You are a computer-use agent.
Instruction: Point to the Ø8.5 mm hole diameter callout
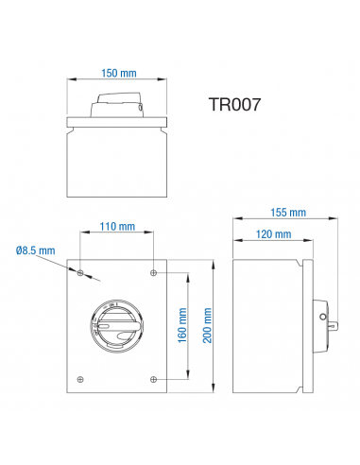[x=36, y=250]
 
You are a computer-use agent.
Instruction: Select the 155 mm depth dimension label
[x=286, y=213]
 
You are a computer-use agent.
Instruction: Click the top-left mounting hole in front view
[x=81, y=273]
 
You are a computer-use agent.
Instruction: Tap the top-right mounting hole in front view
[x=153, y=273]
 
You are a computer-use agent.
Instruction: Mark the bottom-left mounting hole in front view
[x=81, y=379]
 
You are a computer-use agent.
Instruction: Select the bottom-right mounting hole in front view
[x=153, y=379]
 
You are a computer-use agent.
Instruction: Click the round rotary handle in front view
[x=117, y=326]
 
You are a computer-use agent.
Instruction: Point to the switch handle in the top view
[x=117, y=107]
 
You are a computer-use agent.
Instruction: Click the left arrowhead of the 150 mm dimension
[x=68, y=81]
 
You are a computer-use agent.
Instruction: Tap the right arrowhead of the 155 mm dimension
[x=335, y=221]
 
